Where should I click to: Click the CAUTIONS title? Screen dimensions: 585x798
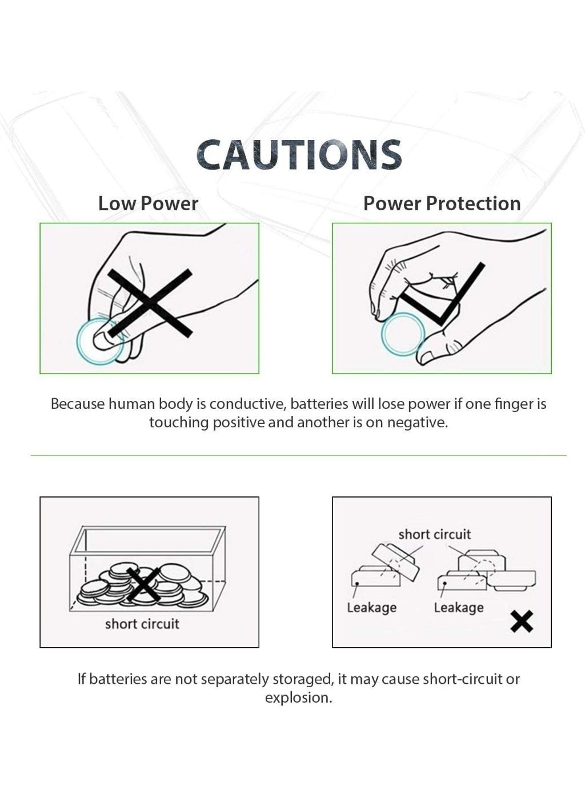pyautogui.click(x=299, y=154)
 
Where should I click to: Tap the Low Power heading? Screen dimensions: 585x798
pyautogui.click(x=148, y=204)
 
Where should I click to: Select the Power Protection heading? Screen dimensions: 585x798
pyautogui.click(x=442, y=204)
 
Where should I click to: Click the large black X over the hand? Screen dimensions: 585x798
pyautogui.click(x=150, y=303)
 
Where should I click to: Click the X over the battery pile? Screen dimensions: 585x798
pyautogui.click(x=143, y=585)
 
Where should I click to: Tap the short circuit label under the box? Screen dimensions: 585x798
pyautogui.click(x=142, y=624)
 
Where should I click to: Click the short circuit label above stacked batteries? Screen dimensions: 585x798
pyautogui.click(x=434, y=534)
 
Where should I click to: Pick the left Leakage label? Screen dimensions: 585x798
pyautogui.click(x=371, y=608)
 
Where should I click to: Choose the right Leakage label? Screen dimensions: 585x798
pyautogui.click(x=459, y=608)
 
